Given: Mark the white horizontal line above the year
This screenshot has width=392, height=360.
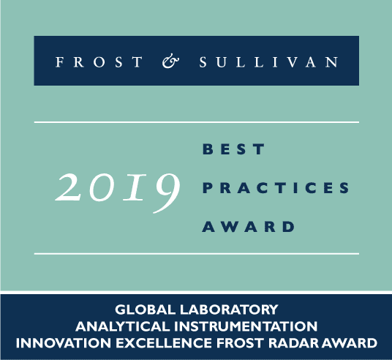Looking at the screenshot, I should point(196,121).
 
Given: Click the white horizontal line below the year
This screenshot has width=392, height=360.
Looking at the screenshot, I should point(196,254).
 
